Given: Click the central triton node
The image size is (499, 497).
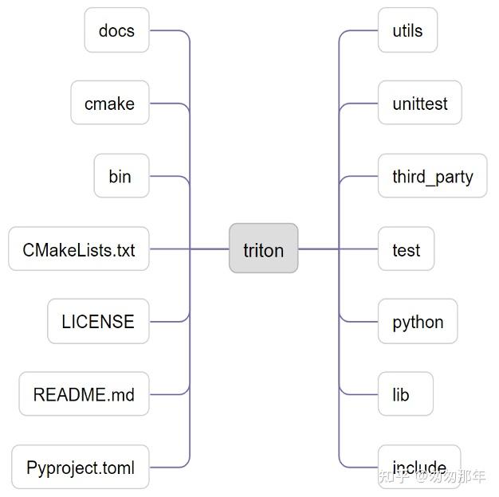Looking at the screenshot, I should coord(263,249).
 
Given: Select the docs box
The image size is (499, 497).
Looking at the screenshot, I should coord(116,30).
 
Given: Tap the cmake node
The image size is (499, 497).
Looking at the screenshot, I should coord(109,103).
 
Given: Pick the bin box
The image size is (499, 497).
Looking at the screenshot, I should coord(120,176).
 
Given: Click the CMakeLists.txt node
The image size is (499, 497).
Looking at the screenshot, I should coord(79,249).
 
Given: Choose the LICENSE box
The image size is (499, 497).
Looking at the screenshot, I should coord(98,322).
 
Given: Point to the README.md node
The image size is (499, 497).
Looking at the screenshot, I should coord(84,394).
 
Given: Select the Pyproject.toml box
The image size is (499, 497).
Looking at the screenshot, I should coord(81,468).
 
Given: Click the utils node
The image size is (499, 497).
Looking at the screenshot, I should coord(407,30).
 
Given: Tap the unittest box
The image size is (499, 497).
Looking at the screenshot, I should coord(419,103).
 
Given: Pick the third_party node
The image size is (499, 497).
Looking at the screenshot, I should coord(432,176).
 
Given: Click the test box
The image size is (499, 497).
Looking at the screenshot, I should coord(406,249).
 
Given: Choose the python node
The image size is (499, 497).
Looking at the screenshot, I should coord(418,322).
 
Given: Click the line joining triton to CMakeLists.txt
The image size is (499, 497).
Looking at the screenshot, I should coord(190,248).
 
